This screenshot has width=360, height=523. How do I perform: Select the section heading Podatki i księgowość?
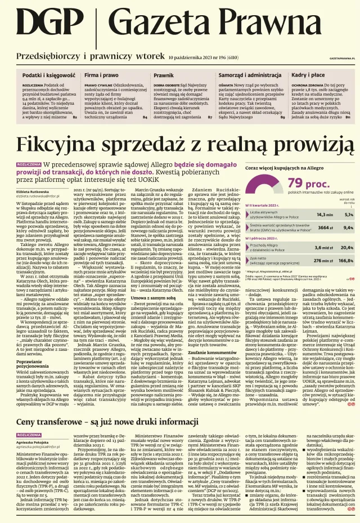point(48,75)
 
